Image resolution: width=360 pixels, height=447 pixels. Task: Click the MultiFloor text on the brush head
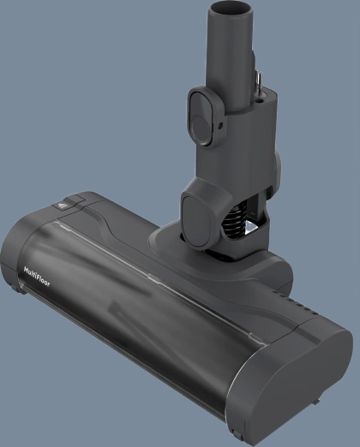37,277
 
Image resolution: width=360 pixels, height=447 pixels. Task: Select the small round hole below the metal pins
261,100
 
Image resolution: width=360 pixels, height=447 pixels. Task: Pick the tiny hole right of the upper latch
220,125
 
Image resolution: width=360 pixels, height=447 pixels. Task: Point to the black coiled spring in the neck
234,218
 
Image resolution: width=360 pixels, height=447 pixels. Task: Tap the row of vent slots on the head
297,303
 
